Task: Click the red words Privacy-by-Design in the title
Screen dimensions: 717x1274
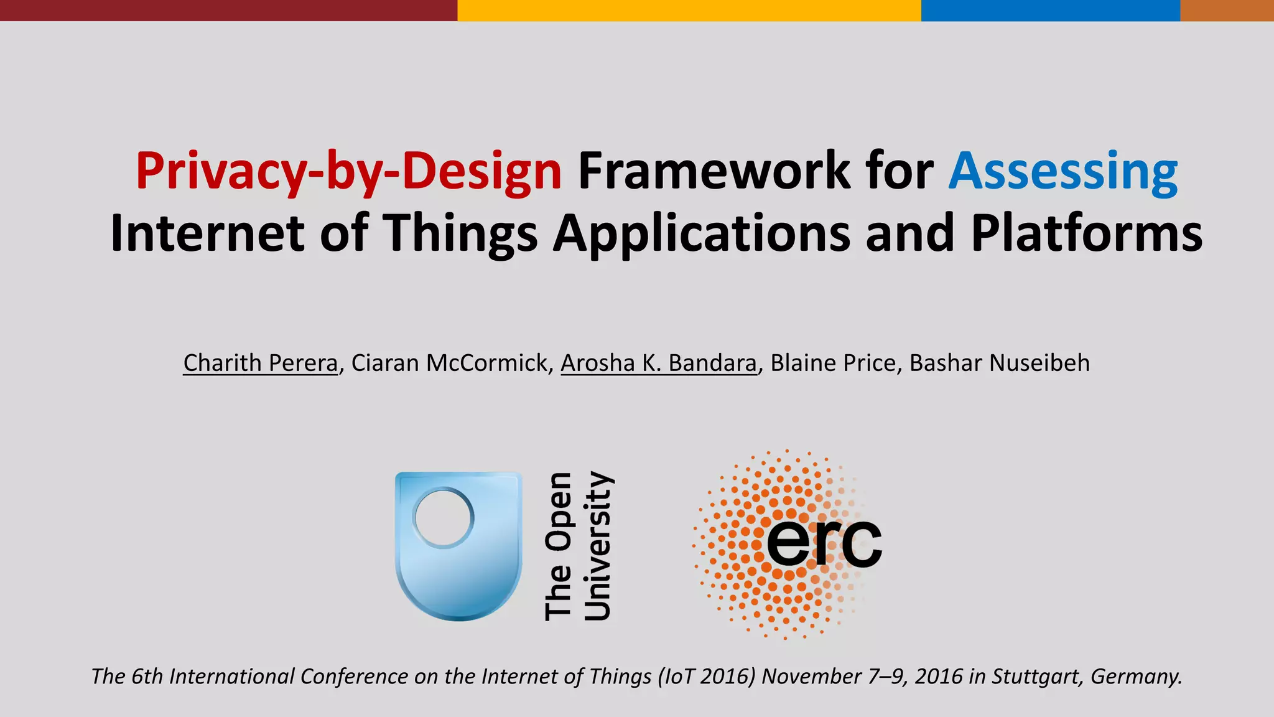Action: pos(348,171)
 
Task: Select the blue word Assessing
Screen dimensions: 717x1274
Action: pos(1062,171)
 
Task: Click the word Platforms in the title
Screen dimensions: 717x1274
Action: pos(1086,233)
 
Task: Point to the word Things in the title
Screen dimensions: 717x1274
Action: pos(460,233)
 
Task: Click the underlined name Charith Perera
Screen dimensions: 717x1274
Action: pos(260,363)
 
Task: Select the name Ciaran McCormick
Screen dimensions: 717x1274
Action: pos(449,363)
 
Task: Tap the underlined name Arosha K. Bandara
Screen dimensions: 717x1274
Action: pos(658,363)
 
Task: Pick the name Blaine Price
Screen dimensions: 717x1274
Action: pos(832,363)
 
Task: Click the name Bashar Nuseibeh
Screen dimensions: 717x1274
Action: pos(999,363)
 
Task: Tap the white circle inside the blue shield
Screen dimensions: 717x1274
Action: pos(443,518)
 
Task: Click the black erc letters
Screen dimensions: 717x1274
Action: pos(824,543)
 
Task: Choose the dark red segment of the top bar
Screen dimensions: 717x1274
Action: pos(228,10)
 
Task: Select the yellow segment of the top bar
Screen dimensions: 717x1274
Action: pos(689,10)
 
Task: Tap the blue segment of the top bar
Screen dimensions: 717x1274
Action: pos(1050,10)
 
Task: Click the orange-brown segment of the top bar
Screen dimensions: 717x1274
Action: pos(1227,10)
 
